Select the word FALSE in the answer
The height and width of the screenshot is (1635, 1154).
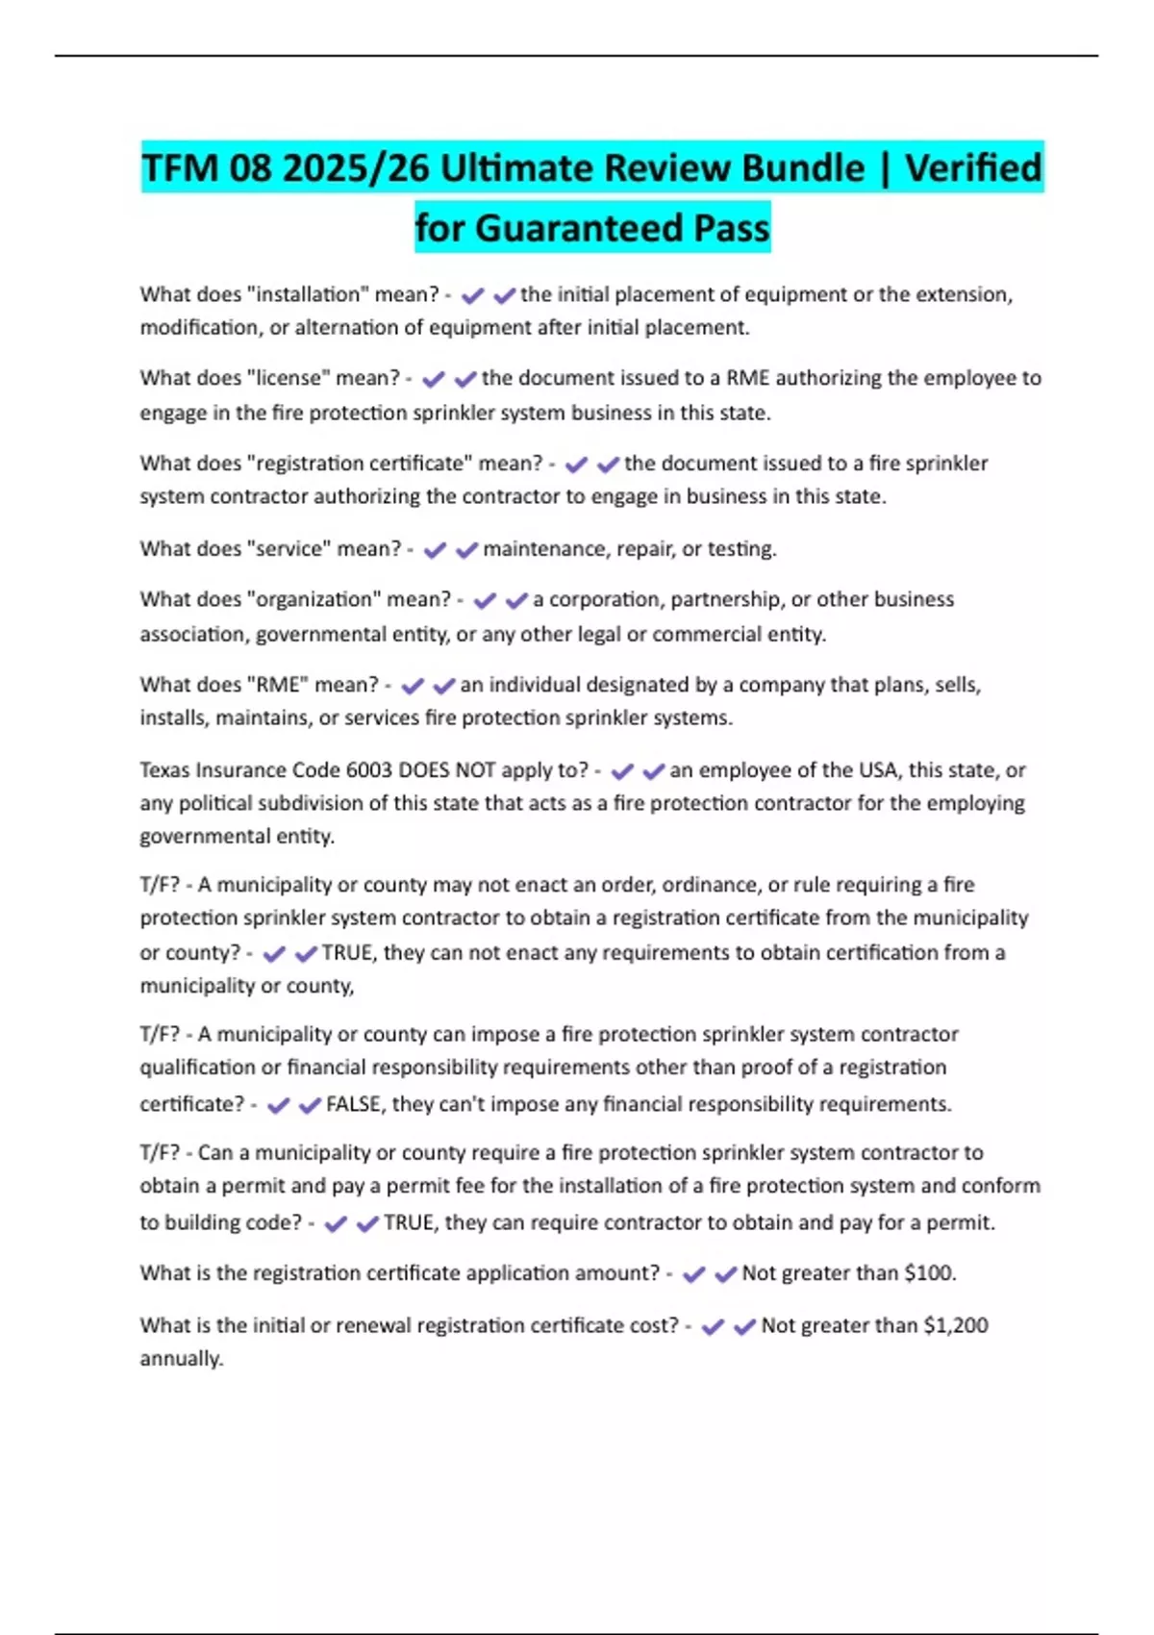(x=354, y=1104)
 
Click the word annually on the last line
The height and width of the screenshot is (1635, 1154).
(x=181, y=1359)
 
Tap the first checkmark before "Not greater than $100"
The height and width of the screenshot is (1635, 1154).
(x=693, y=1274)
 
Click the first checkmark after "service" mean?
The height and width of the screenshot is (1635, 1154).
(x=435, y=550)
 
